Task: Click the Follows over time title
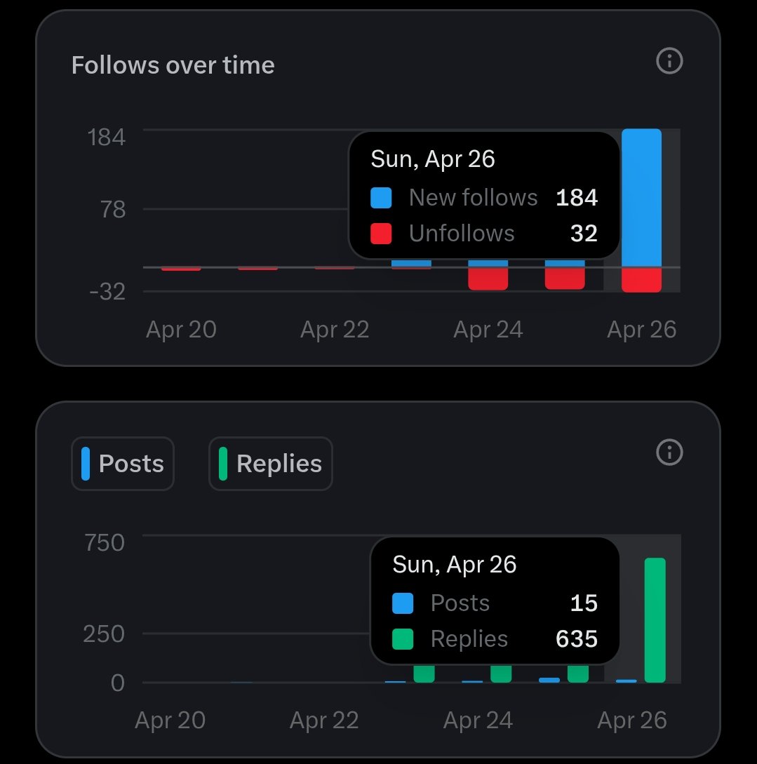coord(173,65)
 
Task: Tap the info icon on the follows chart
coord(669,61)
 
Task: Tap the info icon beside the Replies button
coord(669,453)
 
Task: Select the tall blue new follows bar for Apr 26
coord(641,198)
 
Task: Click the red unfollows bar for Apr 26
coord(641,280)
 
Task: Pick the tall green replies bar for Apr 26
coord(655,619)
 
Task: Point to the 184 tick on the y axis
coord(106,137)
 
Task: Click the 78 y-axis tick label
coord(113,210)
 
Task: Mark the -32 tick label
coord(107,291)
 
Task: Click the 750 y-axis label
coord(105,542)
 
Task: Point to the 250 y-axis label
coord(104,634)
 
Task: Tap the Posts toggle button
coord(123,463)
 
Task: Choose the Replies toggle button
coord(271,463)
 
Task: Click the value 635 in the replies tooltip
coord(577,639)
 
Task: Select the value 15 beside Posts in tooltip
coord(584,603)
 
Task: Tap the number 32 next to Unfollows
coord(584,234)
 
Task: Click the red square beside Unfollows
coord(381,234)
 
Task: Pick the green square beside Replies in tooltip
coord(403,639)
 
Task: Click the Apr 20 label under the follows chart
coord(181,330)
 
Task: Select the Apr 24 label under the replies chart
coord(478,721)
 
